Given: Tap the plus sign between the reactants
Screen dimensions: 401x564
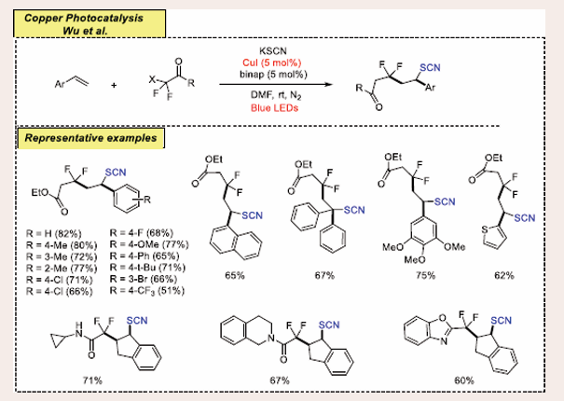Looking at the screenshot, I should (114, 85).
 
